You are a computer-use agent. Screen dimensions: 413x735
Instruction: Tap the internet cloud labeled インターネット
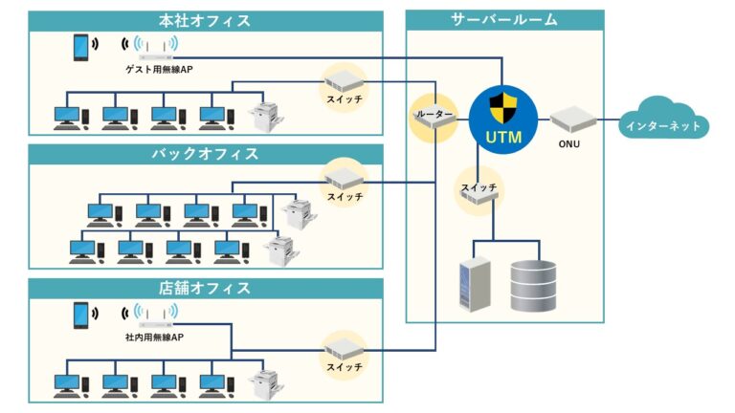(x=662, y=122)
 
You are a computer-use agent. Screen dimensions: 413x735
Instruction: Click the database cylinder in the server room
(x=533, y=286)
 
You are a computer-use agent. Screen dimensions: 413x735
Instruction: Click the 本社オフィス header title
(x=205, y=20)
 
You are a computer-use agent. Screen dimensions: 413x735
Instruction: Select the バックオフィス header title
(x=205, y=154)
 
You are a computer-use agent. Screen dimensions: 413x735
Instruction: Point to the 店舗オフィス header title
(x=205, y=288)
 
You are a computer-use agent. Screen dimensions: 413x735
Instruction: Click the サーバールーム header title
(x=504, y=20)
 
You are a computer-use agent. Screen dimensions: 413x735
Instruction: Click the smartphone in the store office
(x=82, y=314)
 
